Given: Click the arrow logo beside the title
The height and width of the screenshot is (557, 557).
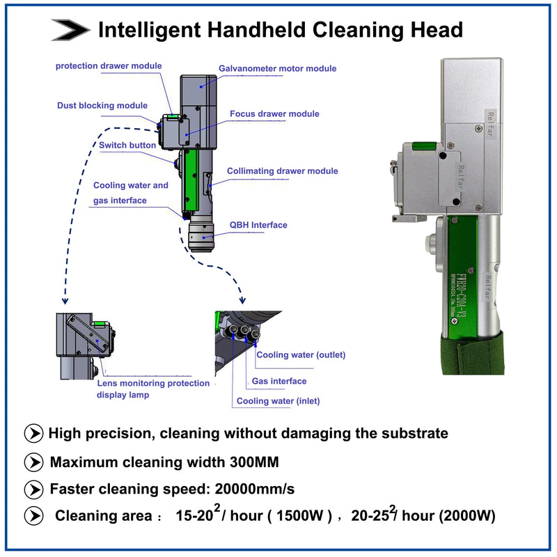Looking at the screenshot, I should click(70, 29).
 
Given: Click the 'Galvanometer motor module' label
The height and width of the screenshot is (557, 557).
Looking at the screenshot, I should click(277, 68).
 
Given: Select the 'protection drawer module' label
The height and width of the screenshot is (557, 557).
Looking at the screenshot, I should click(109, 66).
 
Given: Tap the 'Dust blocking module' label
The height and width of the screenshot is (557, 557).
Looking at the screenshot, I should click(102, 106).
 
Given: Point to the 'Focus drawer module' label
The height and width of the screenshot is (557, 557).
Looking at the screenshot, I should click(274, 113).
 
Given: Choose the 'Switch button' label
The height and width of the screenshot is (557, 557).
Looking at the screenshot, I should click(127, 146).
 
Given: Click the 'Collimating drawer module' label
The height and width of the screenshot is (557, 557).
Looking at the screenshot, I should click(282, 171).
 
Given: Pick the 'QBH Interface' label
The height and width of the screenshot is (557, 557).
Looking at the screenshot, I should click(258, 225).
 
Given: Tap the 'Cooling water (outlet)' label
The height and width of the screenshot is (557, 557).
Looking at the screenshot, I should click(301, 355).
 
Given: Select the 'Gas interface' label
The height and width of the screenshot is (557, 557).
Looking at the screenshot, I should click(278, 381).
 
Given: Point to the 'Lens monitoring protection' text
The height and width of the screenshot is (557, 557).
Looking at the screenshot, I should click(152, 383).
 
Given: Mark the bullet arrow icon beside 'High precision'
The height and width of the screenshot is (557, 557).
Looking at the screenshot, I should click(33, 434).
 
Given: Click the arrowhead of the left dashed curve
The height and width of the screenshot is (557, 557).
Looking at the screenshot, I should click(65, 303).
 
